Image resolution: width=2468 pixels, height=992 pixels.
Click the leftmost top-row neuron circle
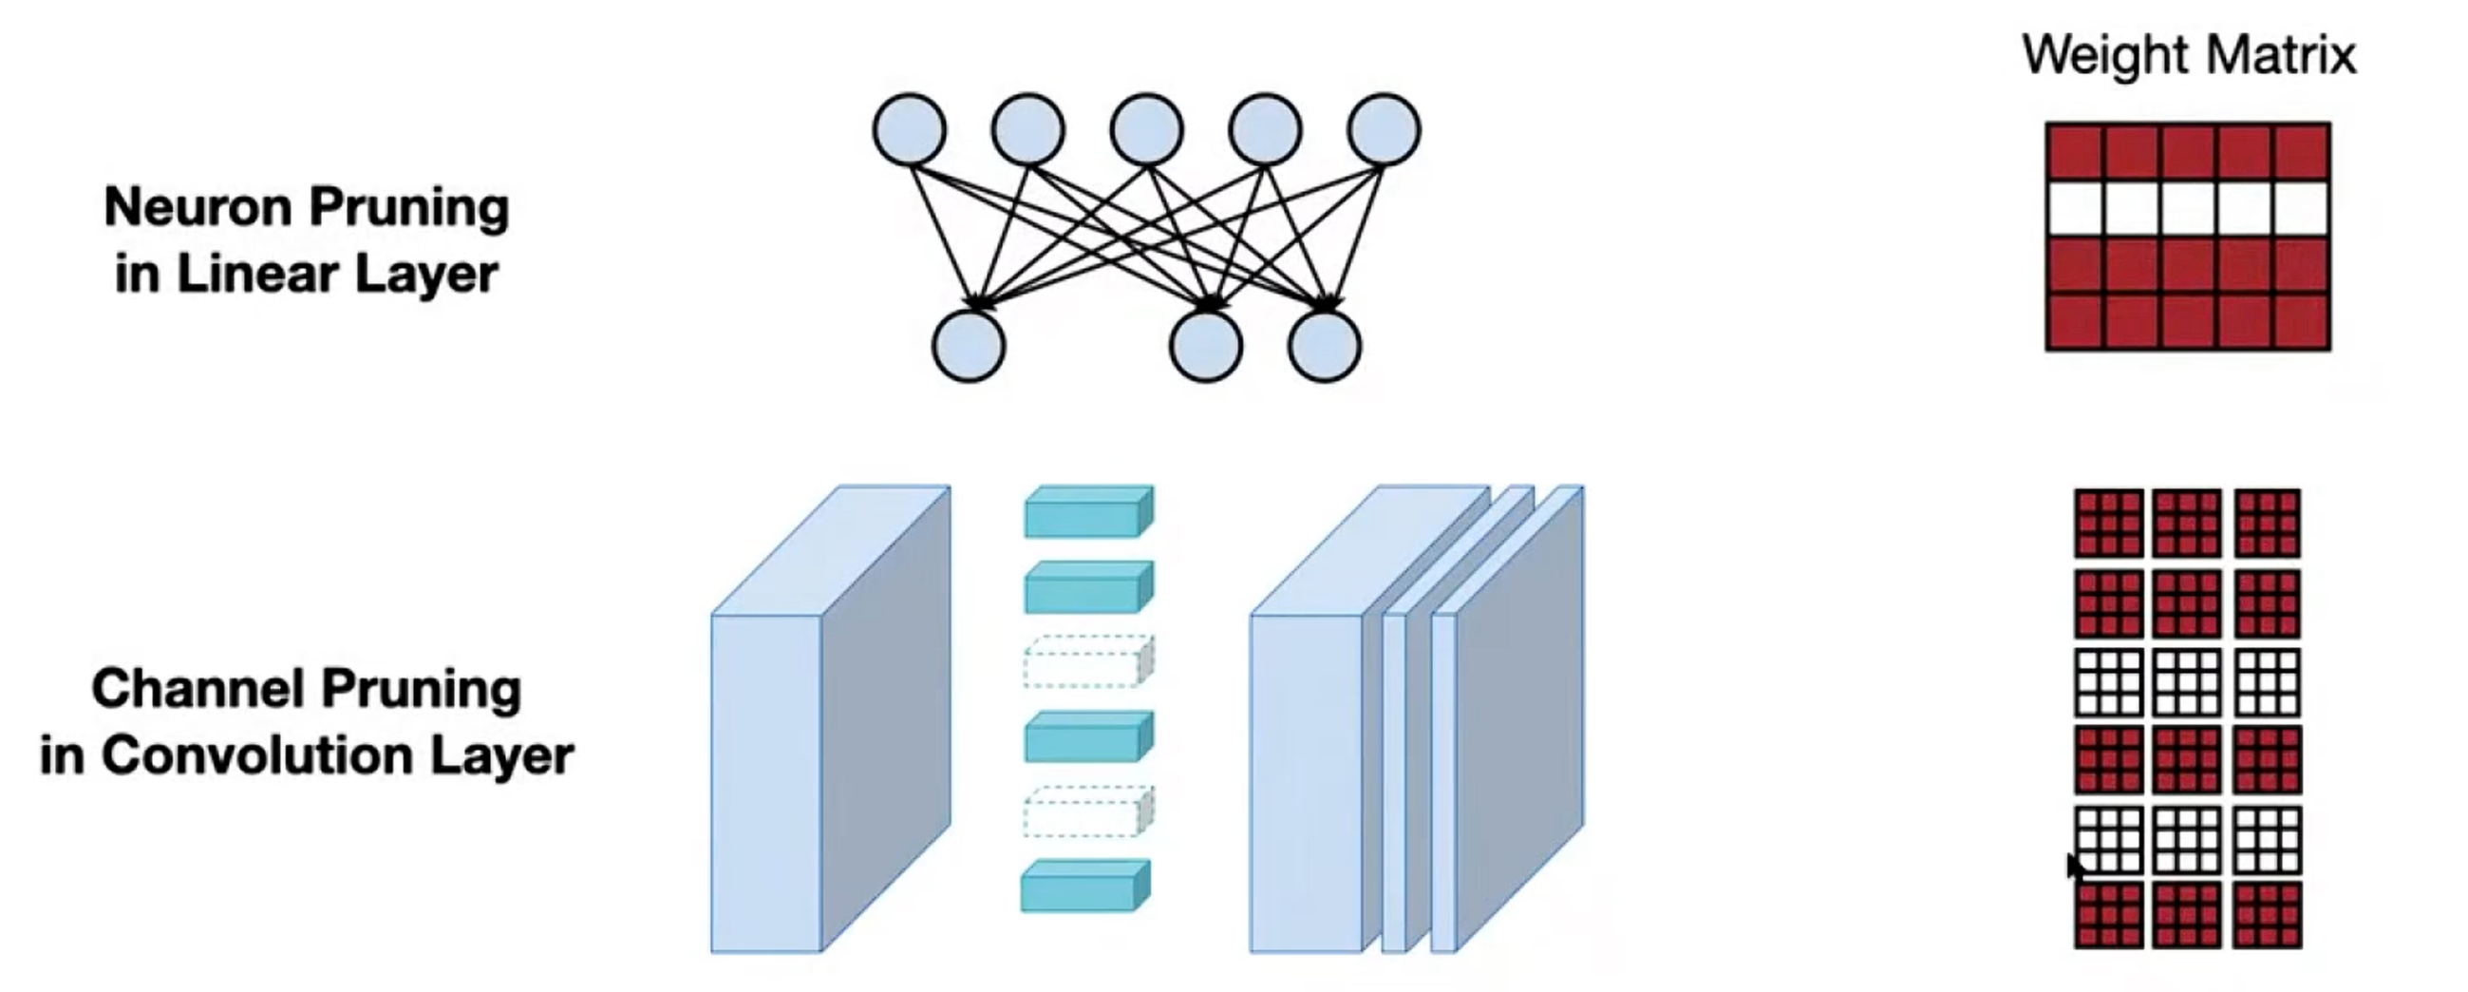(x=909, y=129)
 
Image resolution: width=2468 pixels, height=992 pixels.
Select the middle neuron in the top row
(x=1146, y=129)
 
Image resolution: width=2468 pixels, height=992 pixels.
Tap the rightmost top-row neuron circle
(x=1384, y=129)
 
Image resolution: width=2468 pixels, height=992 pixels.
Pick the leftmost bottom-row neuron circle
(x=969, y=346)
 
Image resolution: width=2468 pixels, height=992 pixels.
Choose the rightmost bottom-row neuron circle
(x=1324, y=346)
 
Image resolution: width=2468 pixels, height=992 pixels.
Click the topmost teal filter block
(x=1088, y=512)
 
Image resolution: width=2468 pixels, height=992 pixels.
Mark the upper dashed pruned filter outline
(x=1088, y=661)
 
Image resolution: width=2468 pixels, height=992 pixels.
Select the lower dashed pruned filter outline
(x=1088, y=811)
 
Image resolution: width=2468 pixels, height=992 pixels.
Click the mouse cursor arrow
(x=2075, y=867)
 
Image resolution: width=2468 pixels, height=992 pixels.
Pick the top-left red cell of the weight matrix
(x=2074, y=151)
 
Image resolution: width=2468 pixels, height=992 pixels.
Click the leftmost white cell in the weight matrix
(x=2074, y=209)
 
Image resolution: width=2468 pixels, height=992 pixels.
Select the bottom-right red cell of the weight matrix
(x=2301, y=322)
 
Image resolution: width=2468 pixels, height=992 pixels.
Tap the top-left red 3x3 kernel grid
(x=2109, y=524)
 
